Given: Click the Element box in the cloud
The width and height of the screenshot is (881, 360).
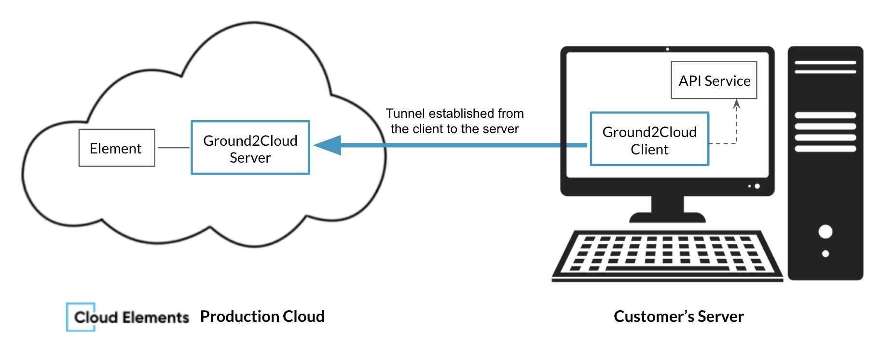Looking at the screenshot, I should coord(117,148).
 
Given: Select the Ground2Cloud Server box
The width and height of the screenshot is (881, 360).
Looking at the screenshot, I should coord(250,148).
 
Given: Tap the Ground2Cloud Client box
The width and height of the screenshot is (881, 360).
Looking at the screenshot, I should coord(649,139).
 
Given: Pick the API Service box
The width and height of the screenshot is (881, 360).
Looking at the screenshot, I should coord(714,81).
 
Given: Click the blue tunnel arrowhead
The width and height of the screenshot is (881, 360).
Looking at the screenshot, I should coord(329,145).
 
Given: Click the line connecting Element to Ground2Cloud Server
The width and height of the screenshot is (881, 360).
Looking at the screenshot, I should coord(173,148).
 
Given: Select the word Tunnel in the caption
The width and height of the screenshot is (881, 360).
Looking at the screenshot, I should coord(405,113).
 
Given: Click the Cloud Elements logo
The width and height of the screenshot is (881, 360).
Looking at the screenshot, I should coord(128,317).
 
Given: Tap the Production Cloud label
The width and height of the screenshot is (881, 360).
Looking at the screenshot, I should coord(262,317).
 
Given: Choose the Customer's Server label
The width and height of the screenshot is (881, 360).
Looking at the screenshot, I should coord(678,317).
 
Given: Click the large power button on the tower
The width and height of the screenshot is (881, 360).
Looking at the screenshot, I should coord(825,232).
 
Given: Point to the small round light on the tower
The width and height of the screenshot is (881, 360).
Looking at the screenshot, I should coord(825,254).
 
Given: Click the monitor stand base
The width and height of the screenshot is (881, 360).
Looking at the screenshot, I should coord(667,217).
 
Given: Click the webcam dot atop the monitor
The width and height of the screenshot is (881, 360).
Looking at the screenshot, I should coord(667,49).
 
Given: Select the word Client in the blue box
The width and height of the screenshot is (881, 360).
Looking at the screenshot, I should coord(649,150).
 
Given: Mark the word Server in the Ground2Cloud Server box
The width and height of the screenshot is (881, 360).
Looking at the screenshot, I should coord(250,158).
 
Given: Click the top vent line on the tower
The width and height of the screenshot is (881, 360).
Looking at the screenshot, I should coord(825,63).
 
